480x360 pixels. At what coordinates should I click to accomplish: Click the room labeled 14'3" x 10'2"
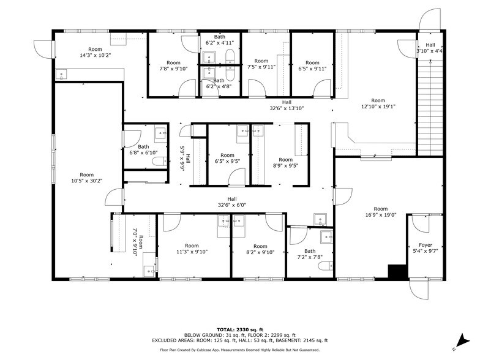[x=95, y=53]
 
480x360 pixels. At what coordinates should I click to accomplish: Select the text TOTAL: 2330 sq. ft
[x=240, y=329]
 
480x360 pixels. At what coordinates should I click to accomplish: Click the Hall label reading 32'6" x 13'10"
[x=287, y=105]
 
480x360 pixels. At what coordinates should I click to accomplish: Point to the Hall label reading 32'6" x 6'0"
[x=231, y=202]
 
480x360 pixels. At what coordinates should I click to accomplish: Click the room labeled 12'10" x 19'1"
[x=378, y=103]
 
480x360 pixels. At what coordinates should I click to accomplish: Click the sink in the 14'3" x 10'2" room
[x=61, y=74]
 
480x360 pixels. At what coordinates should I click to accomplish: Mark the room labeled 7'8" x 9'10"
[x=173, y=66]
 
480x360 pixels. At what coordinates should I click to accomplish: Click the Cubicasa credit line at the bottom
[x=240, y=350]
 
